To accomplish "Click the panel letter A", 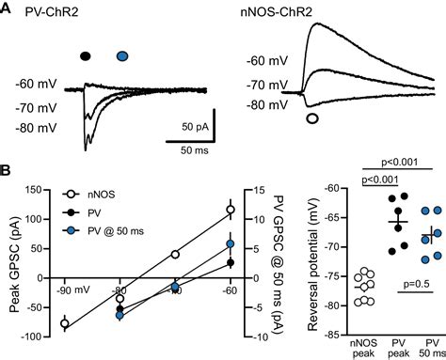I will [x=8, y=8].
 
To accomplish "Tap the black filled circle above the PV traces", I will [x=87, y=56].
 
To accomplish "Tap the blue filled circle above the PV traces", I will [x=122, y=56].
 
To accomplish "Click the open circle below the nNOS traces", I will [x=313, y=118].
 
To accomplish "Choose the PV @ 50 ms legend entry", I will [x=119, y=228].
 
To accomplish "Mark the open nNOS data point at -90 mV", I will [x=65, y=323].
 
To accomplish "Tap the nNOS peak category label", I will [x=358, y=348].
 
